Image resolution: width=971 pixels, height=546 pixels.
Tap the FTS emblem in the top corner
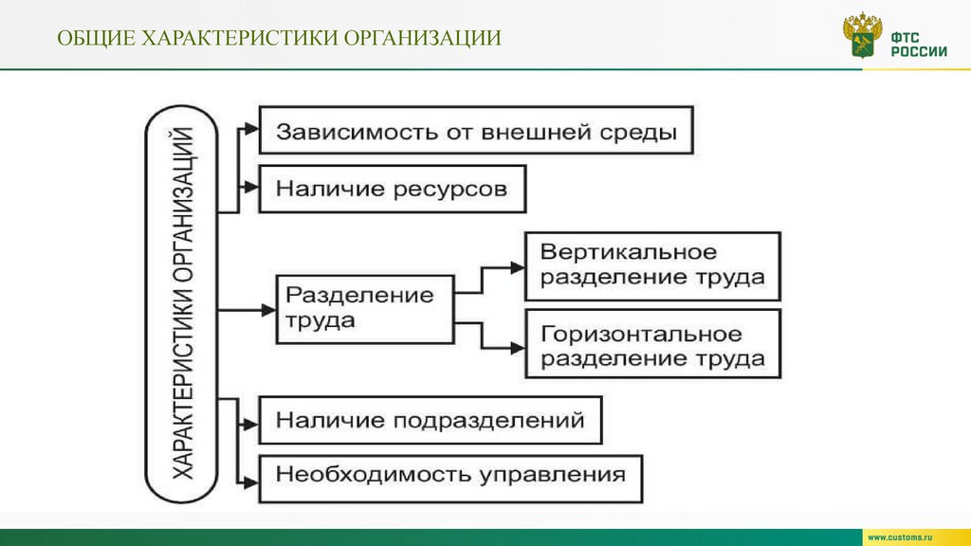tap(862, 37)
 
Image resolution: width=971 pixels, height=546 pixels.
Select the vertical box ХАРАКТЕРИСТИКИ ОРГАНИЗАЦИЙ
tap(182, 307)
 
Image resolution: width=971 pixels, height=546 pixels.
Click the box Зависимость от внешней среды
tap(476, 132)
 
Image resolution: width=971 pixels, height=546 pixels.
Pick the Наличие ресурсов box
tap(392, 189)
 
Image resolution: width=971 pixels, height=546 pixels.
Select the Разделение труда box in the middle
tap(364, 307)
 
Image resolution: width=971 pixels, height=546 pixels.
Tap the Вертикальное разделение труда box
tap(652, 265)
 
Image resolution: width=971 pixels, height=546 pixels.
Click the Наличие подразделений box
tap(430, 420)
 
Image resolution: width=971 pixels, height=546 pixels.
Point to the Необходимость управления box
tap(450, 476)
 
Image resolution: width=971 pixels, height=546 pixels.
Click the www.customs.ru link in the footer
tap(911, 537)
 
